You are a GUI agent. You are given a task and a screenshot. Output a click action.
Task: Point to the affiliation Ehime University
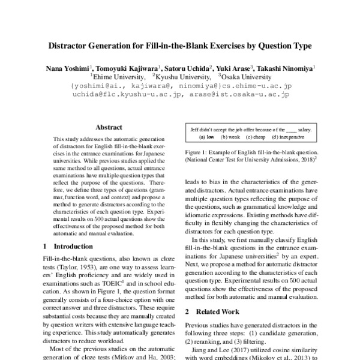[x=116, y=77]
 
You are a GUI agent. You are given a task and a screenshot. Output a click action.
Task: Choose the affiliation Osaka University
[x=245, y=77]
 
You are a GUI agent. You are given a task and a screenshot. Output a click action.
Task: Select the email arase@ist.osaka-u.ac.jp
[x=239, y=95]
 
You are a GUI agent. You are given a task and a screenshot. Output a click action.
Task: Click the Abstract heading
[x=109, y=127]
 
